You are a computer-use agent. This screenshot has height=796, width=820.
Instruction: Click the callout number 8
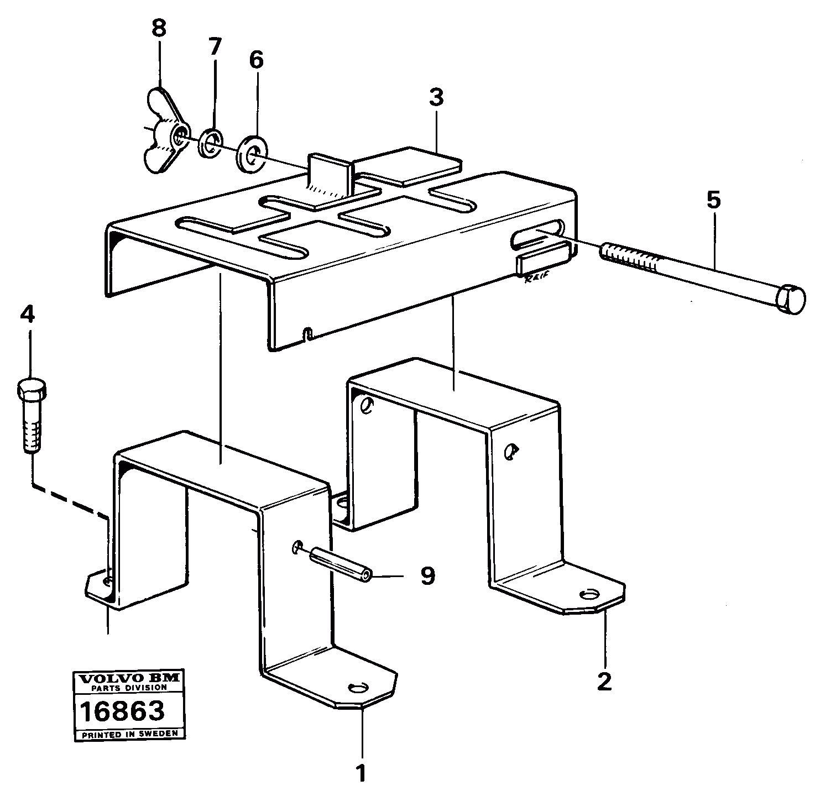(x=158, y=29)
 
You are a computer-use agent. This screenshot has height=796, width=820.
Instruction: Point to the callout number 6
(x=256, y=60)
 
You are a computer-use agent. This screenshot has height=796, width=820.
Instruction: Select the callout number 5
(x=713, y=200)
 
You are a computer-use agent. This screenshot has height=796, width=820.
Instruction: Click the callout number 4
(x=27, y=316)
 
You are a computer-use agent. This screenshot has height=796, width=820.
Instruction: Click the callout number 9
(x=427, y=576)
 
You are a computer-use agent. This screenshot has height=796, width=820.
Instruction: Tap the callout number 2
(x=604, y=681)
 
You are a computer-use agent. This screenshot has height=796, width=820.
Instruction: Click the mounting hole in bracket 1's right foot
(x=358, y=687)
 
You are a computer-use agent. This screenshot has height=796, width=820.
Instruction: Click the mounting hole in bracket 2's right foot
(x=589, y=594)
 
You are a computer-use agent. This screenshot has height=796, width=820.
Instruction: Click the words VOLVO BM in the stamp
(x=128, y=678)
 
